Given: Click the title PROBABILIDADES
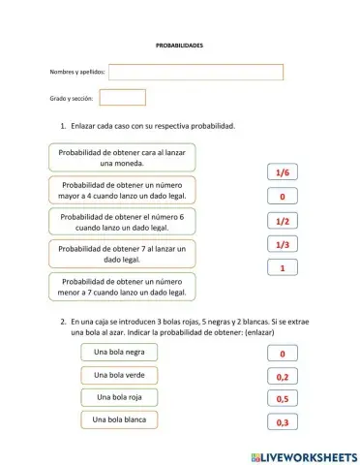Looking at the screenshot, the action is (x=179, y=46).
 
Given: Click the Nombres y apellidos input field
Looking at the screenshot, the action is (x=196, y=72).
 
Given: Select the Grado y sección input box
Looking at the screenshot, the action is (x=122, y=98).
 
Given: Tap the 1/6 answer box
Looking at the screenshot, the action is (x=283, y=172).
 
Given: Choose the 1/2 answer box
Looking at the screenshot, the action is (x=283, y=221).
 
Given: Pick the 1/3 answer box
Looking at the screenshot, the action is (x=283, y=245).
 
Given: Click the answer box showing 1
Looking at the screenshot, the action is (x=283, y=268).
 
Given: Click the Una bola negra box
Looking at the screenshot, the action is (x=120, y=353).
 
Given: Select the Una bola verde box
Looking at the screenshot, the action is (x=120, y=375).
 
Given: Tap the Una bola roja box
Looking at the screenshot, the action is (x=120, y=397).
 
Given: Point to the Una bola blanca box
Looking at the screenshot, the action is (x=120, y=419).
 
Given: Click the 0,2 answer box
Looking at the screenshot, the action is (x=282, y=377).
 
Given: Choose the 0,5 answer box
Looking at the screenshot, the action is (x=282, y=399).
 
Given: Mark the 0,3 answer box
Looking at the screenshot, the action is (x=282, y=422).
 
